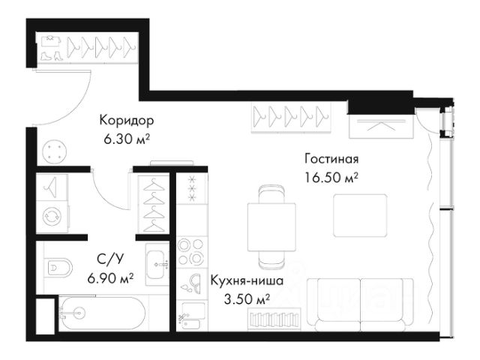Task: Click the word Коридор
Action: (x=127, y=120)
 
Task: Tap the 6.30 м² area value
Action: (x=127, y=139)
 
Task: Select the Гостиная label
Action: (x=331, y=159)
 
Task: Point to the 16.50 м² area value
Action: (x=331, y=178)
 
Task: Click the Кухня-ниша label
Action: (x=247, y=280)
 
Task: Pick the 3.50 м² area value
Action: (x=247, y=299)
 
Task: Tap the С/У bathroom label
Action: (x=110, y=259)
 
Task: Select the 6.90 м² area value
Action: (x=110, y=278)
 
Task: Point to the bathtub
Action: (x=103, y=313)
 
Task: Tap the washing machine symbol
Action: (x=52, y=217)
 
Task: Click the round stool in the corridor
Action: (x=55, y=152)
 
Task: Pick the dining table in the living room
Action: (x=271, y=226)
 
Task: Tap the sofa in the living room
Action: (x=361, y=304)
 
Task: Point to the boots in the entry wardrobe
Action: (x=51, y=55)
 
